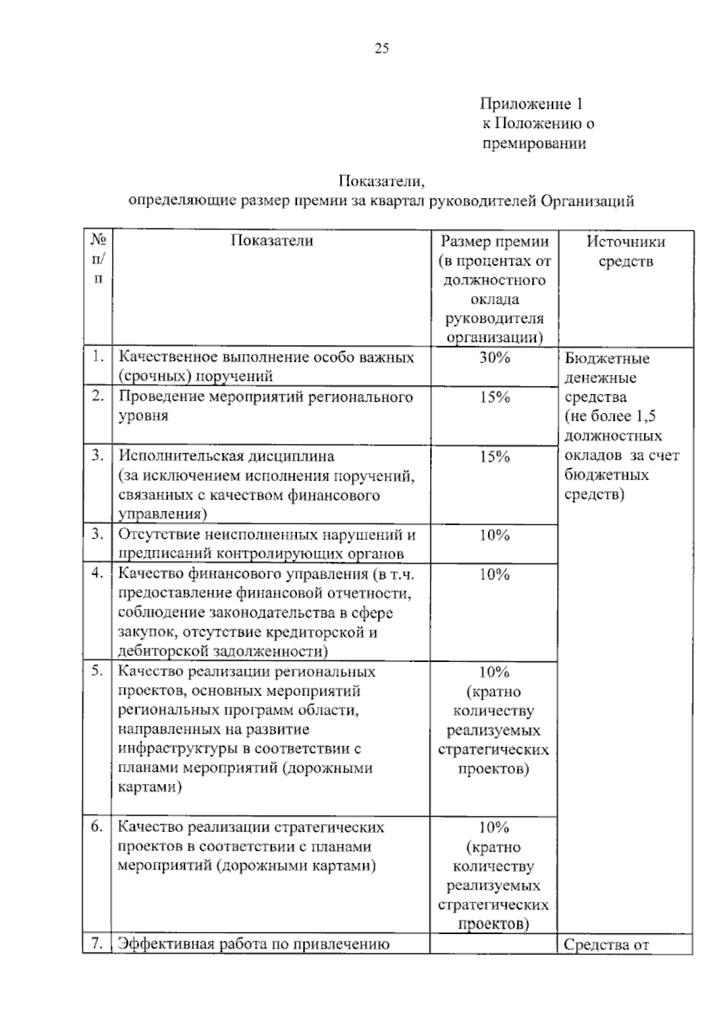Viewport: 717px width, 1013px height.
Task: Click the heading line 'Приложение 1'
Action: (x=531, y=104)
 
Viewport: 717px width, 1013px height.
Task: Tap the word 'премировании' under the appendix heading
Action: (x=534, y=144)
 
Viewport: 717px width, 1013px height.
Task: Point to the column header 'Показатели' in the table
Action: (x=272, y=241)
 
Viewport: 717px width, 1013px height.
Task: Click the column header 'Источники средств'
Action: (x=626, y=251)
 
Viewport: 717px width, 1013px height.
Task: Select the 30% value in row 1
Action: (x=494, y=358)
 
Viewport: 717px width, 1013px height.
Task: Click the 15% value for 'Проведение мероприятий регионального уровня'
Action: (x=494, y=398)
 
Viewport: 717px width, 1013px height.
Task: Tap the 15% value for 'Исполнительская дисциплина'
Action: (x=494, y=457)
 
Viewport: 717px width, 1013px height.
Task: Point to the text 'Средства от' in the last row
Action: (x=606, y=945)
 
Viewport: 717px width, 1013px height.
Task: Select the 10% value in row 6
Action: (x=494, y=828)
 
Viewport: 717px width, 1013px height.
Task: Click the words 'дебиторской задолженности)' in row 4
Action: (x=223, y=651)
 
